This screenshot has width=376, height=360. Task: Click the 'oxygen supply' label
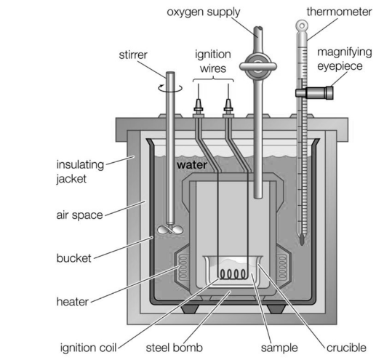[x=204, y=12]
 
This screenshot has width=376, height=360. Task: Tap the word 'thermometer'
[x=339, y=12]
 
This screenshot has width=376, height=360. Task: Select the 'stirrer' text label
[x=133, y=55]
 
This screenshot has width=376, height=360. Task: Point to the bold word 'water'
[x=192, y=165]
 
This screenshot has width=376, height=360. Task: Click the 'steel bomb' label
[x=174, y=348]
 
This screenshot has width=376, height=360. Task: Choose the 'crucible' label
[x=346, y=348]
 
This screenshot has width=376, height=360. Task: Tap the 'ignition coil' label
[x=88, y=348]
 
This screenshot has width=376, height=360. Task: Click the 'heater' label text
[x=72, y=302]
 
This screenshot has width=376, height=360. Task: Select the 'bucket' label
[x=73, y=258]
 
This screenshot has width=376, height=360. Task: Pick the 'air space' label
[x=79, y=215]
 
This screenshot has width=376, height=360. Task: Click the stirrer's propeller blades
[x=170, y=229]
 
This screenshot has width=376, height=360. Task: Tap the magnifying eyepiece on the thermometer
[x=314, y=92]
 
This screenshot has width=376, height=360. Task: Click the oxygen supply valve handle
[x=258, y=66]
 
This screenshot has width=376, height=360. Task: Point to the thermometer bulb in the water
[x=302, y=239]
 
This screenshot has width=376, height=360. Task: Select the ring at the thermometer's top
[x=302, y=25]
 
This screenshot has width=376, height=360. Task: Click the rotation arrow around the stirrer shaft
[x=170, y=89]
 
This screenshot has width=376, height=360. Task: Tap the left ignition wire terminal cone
[x=199, y=105]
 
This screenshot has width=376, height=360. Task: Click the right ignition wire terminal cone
[x=228, y=105]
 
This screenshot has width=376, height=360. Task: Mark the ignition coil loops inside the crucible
[x=233, y=275]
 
